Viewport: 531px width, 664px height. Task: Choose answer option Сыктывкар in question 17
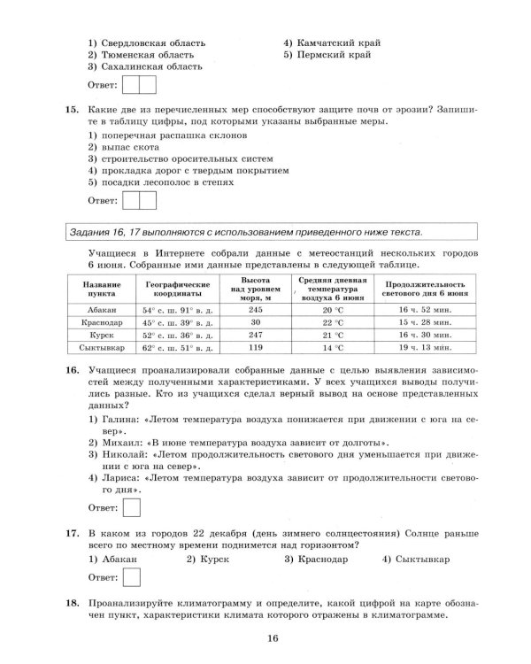pyautogui.click(x=420, y=560)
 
